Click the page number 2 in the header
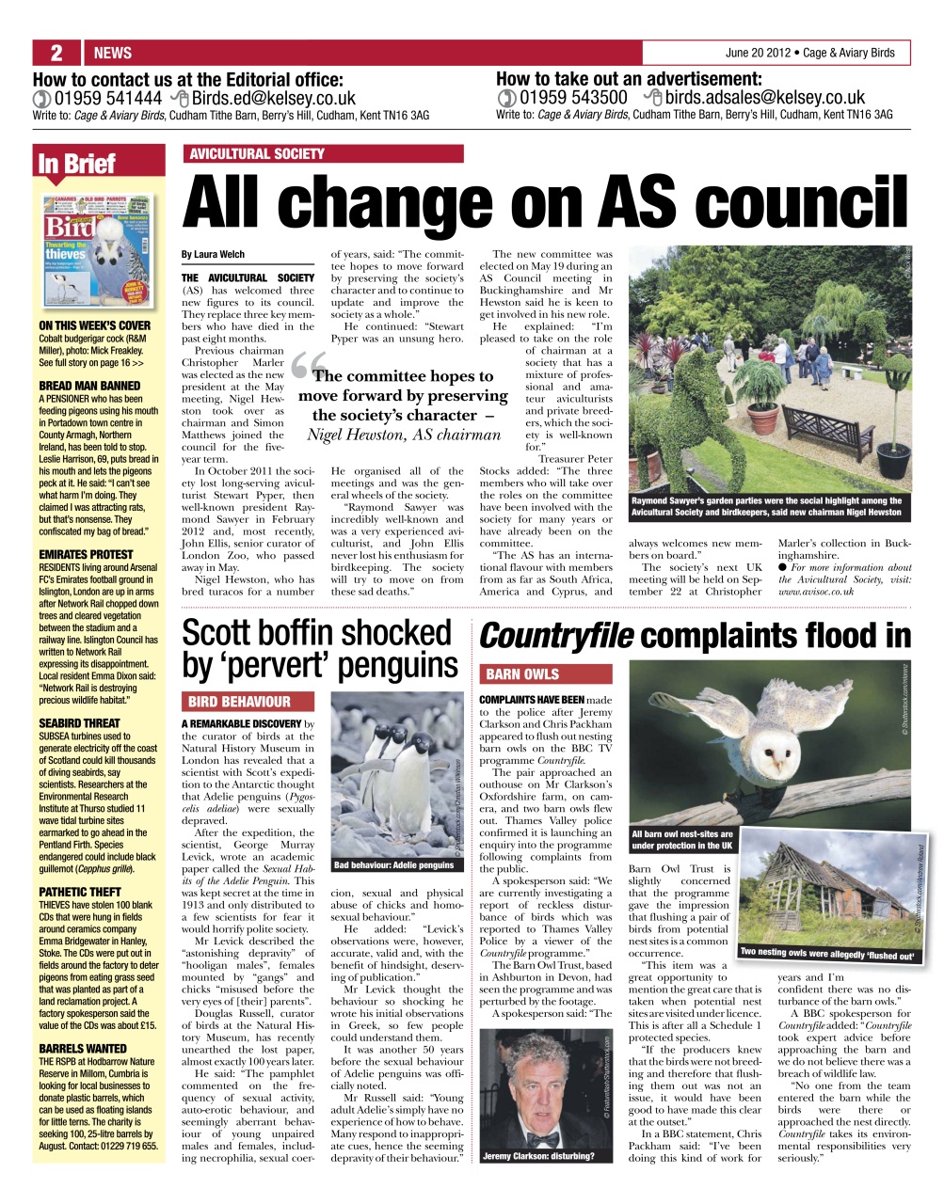point(56,53)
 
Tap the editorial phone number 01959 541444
point(108,98)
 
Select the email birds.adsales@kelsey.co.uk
point(765,98)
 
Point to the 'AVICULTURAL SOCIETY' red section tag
point(257,154)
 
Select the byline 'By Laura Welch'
point(213,255)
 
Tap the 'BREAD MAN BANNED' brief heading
point(89,386)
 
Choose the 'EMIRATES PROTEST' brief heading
point(86,555)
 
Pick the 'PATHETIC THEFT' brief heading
point(80,892)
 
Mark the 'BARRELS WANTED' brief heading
point(83,1048)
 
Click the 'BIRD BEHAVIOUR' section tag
point(239,702)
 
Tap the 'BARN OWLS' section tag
point(522,674)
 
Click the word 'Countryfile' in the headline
point(555,637)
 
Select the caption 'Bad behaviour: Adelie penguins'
point(393,864)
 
